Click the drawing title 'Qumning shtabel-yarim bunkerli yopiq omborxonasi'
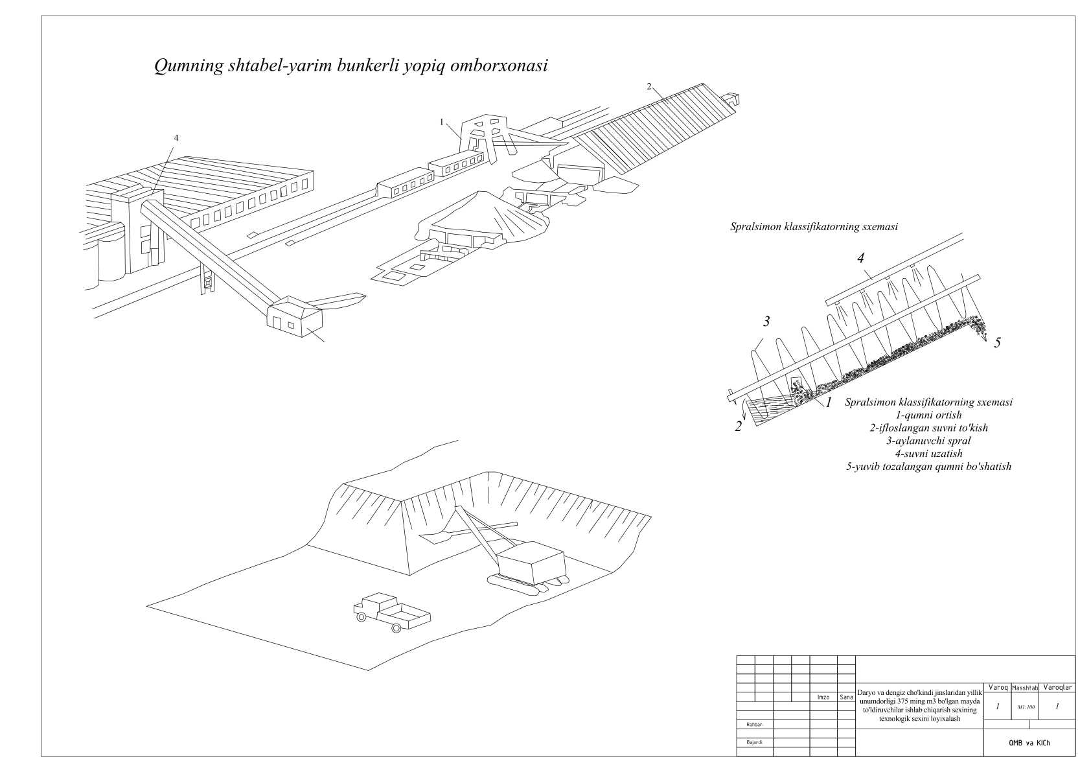tap(350, 65)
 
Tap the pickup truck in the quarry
tap(391, 611)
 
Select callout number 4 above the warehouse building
tap(176, 138)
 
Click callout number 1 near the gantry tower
tap(441, 121)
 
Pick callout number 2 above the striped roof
tap(649, 86)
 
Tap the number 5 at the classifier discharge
tap(997, 343)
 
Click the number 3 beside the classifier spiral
tap(766, 322)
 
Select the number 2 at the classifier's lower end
tap(738, 427)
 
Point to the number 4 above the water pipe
tap(860, 258)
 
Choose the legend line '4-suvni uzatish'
tap(928, 454)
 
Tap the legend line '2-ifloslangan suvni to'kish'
tap(928, 428)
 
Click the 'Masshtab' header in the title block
tap(1024, 688)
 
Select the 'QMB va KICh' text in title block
tap(1029, 743)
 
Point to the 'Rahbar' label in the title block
tap(754, 725)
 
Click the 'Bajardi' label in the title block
tap(754, 743)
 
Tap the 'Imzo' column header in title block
tap(823, 697)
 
